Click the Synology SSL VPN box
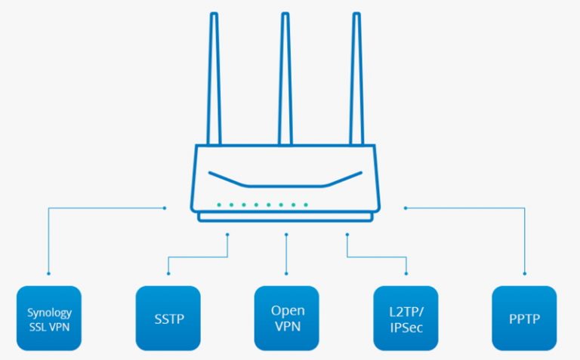(48, 318)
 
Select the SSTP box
(168, 318)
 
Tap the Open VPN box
(287, 318)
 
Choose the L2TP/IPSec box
(406, 318)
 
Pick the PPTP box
(524, 318)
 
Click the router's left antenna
(217, 79)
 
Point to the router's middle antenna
(285, 79)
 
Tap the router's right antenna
(356, 79)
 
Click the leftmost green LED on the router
(218, 205)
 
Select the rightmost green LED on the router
(306, 205)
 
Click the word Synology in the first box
(48, 312)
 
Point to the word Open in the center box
(288, 310)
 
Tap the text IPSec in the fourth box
(406, 325)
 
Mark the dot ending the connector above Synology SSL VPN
(48, 273)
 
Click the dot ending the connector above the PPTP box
(524, 273)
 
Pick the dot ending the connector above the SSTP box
(168, 273)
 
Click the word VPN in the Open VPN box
(288, 325)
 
